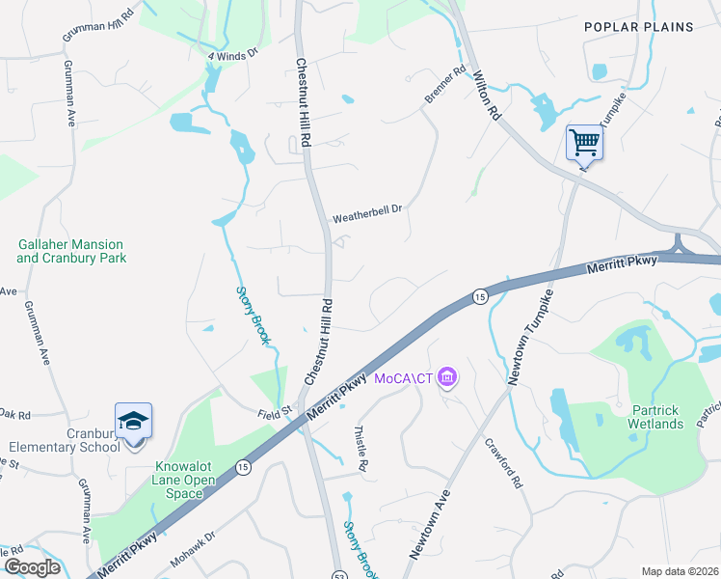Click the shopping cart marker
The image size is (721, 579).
click(584, 144)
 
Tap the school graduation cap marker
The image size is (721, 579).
click(133, 421)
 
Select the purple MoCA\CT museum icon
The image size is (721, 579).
click(446, 376)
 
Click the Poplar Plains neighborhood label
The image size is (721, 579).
click(638, 27)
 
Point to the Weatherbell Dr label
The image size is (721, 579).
click(366, 219)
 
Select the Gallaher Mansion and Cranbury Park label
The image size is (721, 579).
click(71, 251)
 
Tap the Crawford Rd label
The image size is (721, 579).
click(502, 465)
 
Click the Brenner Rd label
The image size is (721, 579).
click(444, 85)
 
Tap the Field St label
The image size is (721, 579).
click(274, 412)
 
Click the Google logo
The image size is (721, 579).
click(31, 566)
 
